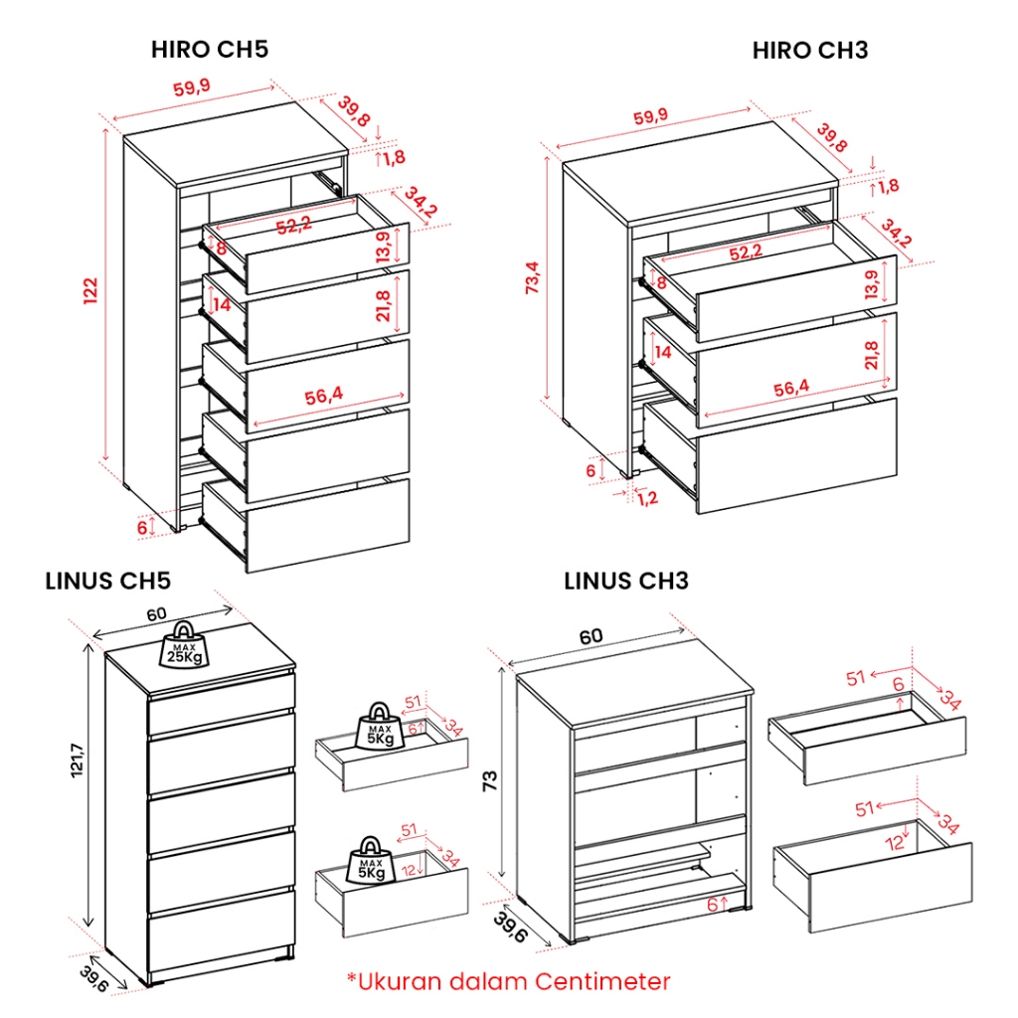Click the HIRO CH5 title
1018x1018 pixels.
(210, 50)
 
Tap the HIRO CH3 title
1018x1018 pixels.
(810, 50)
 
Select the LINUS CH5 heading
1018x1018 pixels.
(107, 581)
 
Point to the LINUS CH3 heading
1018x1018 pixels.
(626, 581)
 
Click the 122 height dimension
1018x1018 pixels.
(90, 290)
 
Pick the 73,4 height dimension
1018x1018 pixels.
(533, 278)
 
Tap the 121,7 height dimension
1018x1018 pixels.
(77, 760)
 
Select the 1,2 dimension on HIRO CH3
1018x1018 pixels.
(647, 498)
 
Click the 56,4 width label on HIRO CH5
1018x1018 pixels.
(324, 396)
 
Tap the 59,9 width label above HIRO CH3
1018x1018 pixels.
(650, 117)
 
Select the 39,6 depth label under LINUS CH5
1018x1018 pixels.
(92, 979)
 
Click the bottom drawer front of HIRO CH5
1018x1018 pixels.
(328, 526)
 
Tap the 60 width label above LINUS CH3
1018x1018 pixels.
(591, 637)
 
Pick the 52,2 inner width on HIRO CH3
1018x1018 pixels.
(746, 252)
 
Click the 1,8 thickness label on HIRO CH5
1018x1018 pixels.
(394, 157)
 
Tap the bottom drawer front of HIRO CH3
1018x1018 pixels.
(796, 455)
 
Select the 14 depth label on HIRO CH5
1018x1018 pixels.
(222, 304)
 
